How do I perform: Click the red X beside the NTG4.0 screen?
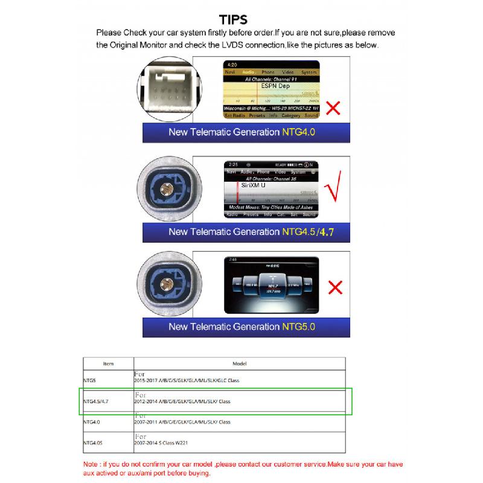click(x=333, y=108)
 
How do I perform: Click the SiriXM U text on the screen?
click(x=254, y=185)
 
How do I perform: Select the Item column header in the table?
click(x=108, y=363)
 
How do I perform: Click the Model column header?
click(x=239, y=363)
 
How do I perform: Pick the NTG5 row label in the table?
click(x=89, y=380)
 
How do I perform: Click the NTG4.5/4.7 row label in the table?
click(x=96, y=401)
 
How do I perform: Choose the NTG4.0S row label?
click(x=92, y=443)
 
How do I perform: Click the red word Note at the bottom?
click(x=92, y=464)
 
